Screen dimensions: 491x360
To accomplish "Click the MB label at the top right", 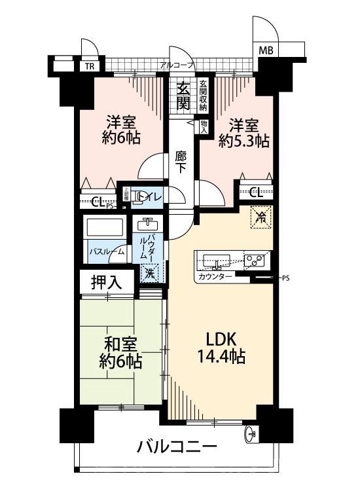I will [266, 50].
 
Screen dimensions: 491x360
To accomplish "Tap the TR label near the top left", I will [88, 66].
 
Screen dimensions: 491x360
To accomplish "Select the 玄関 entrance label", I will [184, 96].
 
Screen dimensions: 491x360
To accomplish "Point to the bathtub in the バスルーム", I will [105, 229].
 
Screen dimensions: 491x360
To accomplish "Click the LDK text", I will [218, 340].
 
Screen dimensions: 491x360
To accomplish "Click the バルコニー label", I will [177, 448].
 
